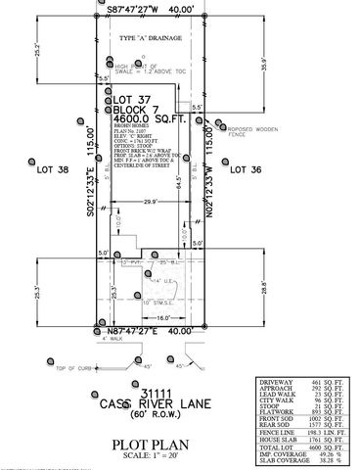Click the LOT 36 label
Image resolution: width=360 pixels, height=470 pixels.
(x=246, y=169)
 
